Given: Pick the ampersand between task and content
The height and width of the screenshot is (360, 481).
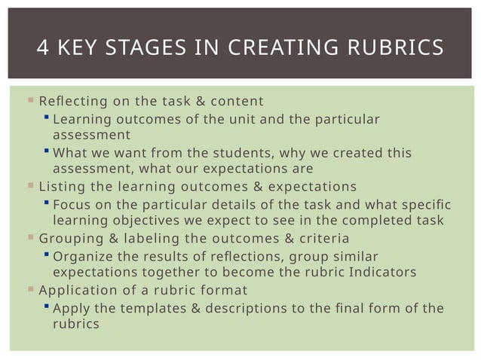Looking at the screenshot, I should (x=179, y=102).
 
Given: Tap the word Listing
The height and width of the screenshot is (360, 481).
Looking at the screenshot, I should (x=60, y=186).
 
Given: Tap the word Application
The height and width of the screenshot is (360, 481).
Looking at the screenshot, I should (x=75, y=289).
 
